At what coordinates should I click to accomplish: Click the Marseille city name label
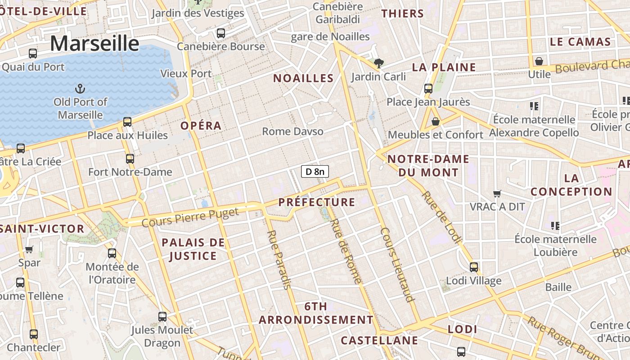[94, 44]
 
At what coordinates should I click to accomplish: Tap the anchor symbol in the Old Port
[80, 88]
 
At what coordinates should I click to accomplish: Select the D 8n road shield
[315, 171]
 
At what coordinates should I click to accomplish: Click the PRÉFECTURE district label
[317, 202]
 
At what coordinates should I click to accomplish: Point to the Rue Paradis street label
[279, 259]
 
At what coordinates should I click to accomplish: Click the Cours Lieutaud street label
[397, 264]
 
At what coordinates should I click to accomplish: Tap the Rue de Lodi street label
[441, 217]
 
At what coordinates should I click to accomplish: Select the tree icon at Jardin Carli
[378, 63]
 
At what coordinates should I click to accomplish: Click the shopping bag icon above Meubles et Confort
[435, 121]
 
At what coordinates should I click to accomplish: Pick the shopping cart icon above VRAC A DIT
[497, 193]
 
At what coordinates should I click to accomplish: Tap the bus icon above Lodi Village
[474, 267]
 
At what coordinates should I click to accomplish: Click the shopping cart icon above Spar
[29, 249]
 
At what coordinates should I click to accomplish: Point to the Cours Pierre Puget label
[190, 218]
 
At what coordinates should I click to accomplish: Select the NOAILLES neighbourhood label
[303, 78]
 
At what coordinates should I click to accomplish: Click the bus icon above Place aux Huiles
[127, 122]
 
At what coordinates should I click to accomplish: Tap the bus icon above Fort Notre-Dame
[130, 159]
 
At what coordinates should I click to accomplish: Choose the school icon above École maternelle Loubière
[555, 225]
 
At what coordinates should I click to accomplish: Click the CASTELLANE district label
[379, 340]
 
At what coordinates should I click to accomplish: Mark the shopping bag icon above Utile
[539, 61]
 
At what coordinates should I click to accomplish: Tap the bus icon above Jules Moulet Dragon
[162, 317]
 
